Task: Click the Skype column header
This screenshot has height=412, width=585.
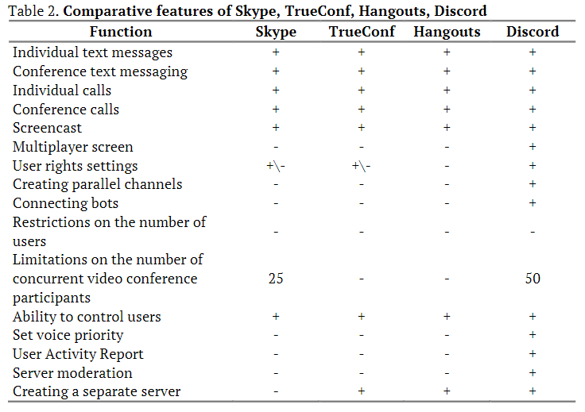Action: pyautogui.click(x=276, y=33)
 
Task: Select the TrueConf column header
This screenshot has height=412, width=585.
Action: pyautogui.click(x=361, y=33)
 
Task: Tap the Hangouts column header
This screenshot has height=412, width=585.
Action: pyautogui.click(x=447, y=33)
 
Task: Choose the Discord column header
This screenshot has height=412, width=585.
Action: pyautogui.click(x=533, y=33)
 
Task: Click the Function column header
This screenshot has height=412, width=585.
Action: pyautogui.click(x=121, y=33)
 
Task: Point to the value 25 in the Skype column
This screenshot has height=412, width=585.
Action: pyautogui.click(x=276, y=279)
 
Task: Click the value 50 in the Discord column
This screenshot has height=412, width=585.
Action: pyautogui.click(x=533, y=279)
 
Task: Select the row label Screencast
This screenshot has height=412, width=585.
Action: pyautogui.click(x=47, y=128)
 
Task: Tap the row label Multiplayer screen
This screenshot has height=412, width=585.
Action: pyautogui.click(x=73, y=147)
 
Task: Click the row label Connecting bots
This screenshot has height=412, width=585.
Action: pyautogui.click(x=66, y=203)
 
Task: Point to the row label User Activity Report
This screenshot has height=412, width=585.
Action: pyautogui.click(x=78, y=354)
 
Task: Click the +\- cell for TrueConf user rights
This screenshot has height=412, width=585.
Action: pyautogui.click(x=361, y=166)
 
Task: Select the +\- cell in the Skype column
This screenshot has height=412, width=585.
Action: pyautogui.click(x=276, y=166)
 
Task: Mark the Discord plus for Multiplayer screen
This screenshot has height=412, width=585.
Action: pyautogui.click(x=533, y=147)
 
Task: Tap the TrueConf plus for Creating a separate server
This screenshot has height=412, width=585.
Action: pyautogui.click(x=361, y=391)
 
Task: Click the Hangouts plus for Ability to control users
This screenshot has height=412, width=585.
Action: pyautogui.click(x=447, y=317)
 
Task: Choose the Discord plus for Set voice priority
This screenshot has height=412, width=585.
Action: pyautogui.click(x=533, y=336)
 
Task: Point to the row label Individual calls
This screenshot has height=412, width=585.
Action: pyautogui.click(x=62, y=90)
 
